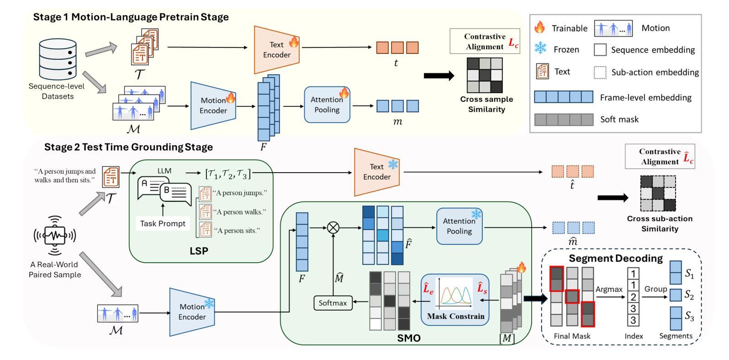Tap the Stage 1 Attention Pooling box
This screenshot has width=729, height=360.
tap(327, 105)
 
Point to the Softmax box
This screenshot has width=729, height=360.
tap(333, 302)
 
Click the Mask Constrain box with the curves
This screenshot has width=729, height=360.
tap(454, 299)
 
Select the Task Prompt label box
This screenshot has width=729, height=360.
tap(163, 223)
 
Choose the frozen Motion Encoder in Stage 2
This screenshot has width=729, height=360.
tap(192, 312)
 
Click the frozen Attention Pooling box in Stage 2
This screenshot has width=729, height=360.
tap(459, 226)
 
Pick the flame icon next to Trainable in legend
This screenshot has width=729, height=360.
tap(539, 28)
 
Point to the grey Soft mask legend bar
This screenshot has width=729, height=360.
tap(564, 120)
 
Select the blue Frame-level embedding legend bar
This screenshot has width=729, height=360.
tap(564, 97)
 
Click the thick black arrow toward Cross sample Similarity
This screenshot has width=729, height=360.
tap(439, 75)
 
